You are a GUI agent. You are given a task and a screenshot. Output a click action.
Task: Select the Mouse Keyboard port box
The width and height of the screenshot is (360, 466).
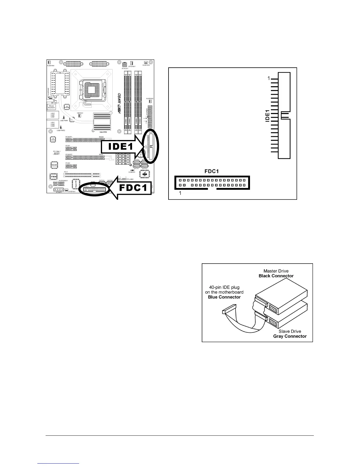pos(51,106)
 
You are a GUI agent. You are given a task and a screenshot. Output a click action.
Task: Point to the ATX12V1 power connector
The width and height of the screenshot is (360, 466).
pos(125,64)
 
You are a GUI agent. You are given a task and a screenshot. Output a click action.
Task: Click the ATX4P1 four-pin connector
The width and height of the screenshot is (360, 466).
pos(59,189)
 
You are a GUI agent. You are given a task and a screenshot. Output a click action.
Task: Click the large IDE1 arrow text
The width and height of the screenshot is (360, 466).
pos(121,147)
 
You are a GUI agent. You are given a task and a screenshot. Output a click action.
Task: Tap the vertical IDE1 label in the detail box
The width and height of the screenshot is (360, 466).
pos(267,116)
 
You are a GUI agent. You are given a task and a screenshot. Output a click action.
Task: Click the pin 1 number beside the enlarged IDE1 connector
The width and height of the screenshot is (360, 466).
pos(268,79)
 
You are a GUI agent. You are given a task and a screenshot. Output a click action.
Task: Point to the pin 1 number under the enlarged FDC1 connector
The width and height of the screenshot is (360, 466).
pos(180,194)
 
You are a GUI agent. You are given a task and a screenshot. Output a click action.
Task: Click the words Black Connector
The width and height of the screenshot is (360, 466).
pos(276,276)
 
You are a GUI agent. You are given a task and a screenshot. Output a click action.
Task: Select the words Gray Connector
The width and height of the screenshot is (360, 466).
pos(290,336)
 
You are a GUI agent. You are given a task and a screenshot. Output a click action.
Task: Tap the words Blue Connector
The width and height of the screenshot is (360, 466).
pos(224,297)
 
